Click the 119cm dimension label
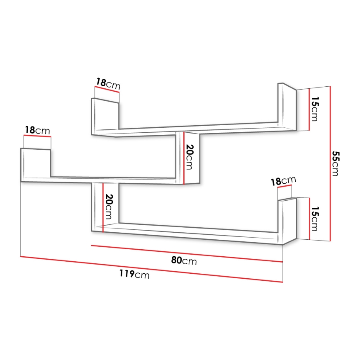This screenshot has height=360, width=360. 134,274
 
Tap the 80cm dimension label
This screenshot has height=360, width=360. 184,261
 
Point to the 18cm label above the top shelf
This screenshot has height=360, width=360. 108,84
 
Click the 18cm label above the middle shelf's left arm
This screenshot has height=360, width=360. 37,131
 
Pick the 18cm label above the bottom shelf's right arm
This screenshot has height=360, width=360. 283,181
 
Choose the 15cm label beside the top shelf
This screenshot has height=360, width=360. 315,109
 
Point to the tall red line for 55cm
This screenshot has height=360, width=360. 330,163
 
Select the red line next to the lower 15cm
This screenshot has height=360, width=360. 310,219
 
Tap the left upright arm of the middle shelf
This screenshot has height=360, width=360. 35,164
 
